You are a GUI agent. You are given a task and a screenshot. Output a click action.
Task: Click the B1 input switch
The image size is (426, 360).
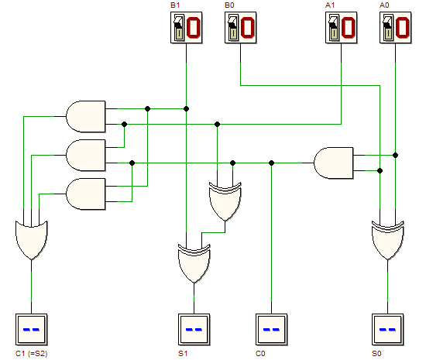[x=187, y=27]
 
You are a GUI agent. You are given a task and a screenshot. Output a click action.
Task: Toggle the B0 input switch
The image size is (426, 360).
[x=240, y=27]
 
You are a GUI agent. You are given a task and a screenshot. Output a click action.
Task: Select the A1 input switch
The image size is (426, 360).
[x=342, y=27]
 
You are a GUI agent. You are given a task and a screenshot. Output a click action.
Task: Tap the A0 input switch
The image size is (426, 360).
[x=395, y=27]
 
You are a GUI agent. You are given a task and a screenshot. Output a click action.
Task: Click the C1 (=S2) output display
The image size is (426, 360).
[x=31, y=330]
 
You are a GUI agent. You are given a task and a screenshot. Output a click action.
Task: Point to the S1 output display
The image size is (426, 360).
[x=194, y=330]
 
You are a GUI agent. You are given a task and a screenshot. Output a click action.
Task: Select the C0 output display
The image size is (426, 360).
[x=271, y=330]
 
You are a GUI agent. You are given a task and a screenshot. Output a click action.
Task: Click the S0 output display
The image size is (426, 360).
[x=388, y=330]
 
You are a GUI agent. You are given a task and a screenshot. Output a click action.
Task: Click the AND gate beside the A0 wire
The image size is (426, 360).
[x=334, y=163]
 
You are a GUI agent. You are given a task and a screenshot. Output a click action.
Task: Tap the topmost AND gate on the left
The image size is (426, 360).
[x=86, y=116]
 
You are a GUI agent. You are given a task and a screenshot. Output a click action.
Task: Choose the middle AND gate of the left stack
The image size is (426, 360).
[x=86, y=156]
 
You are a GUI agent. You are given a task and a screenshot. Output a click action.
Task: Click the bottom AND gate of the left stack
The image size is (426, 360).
[x=86, y=194]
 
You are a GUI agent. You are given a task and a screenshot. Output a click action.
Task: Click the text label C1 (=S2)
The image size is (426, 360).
[x=32, y=354]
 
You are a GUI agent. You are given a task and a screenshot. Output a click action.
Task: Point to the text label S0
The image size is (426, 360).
[x=376, y=354]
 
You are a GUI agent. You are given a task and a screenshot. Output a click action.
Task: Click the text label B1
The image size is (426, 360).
[x=175, y=5]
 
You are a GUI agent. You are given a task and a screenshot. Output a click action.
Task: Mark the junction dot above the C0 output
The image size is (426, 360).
[x=271, y=163]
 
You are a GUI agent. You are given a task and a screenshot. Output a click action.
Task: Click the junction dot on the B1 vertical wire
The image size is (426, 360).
[x=187, y=109]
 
